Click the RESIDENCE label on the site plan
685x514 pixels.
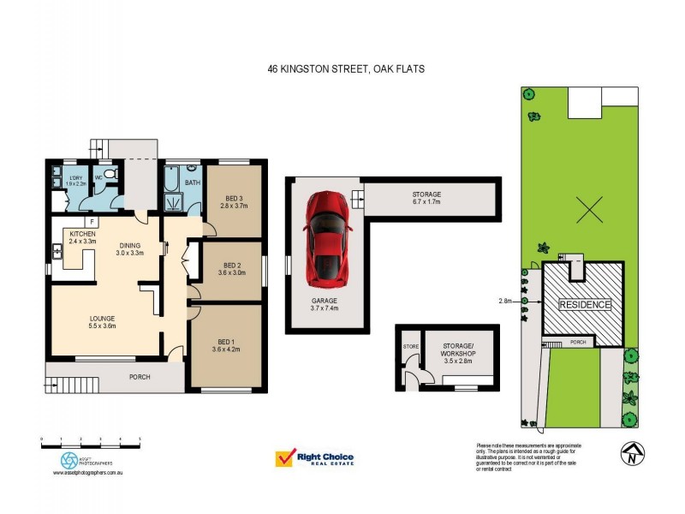pyautogui.click(x=585, y=305)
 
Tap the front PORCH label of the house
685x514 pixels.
pyautogui.click(x=140, y=376)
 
